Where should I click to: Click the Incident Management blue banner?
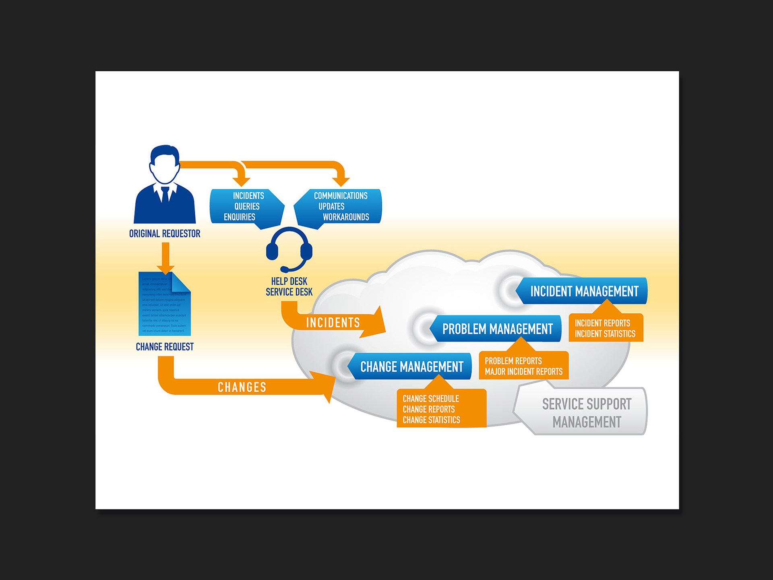click(x=584, y=291)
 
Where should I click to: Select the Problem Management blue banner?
click(x=497, y=329)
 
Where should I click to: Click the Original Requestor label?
click(x=164, y=234)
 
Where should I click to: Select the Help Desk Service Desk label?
click(x=289, y=286)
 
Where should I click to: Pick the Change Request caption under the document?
click(x=164, y=347)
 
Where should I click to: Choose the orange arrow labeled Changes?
click(x=242, y=387)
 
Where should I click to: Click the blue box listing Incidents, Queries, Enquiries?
click(x=246, y=206)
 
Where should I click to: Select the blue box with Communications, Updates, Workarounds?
click(x=340, y=206)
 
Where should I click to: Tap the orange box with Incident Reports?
click(x=605, y=329)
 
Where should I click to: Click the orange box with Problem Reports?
click(x=523, y=366)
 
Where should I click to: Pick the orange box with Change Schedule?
click(x=441, y=409)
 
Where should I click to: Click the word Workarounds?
click(x=346, y=217)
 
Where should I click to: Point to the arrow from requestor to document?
click(x=165, y=258)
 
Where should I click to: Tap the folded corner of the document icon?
click(x=181, y=282)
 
